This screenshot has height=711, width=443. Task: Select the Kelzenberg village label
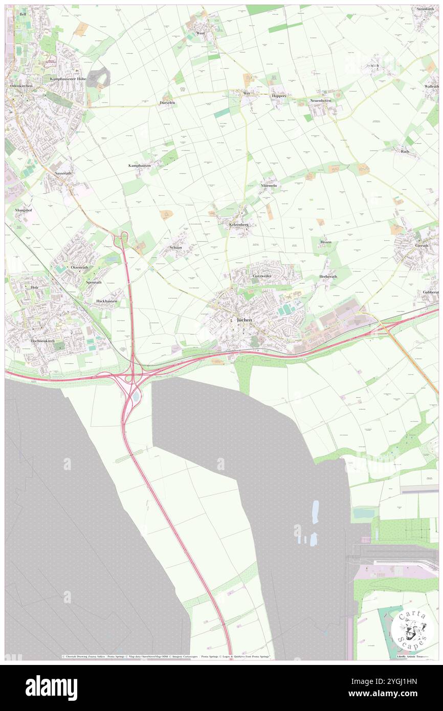[x=238, y=224]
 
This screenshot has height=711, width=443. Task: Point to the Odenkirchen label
[x=21, y=86]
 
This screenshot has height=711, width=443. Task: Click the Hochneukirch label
[x=42, y=341]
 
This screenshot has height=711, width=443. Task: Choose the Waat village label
[x=201, y=33]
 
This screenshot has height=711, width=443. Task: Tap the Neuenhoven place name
[x=321, y=101]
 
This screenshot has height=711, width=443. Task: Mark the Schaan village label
[x=175, y=247]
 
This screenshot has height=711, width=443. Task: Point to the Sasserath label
[x=63, y=174]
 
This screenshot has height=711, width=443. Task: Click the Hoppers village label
[x=279, y=96]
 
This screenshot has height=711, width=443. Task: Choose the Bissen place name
[x=326, y=242]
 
